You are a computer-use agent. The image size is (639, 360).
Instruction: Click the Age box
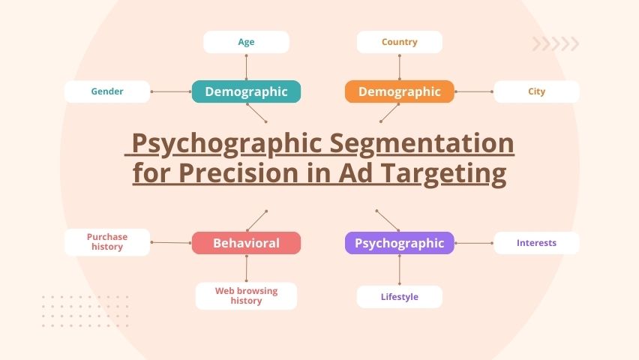(x=246, y=42)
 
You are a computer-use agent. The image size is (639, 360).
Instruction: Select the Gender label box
(x=107, y=91)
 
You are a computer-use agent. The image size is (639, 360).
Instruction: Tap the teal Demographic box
(x=246, y=91)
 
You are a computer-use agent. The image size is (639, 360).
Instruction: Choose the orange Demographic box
(x=399, y=91)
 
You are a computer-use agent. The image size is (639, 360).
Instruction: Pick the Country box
(x=399, y=42)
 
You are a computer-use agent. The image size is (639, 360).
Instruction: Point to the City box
(x=536, y=91)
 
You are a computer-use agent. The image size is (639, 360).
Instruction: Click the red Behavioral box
(x=246, y=243)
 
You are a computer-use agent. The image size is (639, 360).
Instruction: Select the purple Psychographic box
(x=399, y=243)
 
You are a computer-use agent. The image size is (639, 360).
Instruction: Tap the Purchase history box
(x=107, y=242)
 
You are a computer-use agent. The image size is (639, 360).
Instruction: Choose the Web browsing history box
(x=246, y=296)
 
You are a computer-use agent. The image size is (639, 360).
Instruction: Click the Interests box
(x=536, y=243)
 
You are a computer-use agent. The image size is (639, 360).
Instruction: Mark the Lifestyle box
(x=399, y=297)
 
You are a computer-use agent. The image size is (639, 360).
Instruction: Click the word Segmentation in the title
(x=421, y=144)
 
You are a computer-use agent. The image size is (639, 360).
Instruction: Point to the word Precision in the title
(x=238, y=172)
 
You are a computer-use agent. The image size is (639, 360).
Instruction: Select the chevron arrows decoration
(x=556, y=43)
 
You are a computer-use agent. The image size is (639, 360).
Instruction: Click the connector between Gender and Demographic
(x=171, y=91)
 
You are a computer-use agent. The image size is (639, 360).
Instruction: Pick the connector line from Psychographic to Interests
(x=474, y=243)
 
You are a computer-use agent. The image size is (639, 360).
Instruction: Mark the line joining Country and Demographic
(x=399, y=67)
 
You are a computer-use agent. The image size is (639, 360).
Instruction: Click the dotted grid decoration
(x=85, y=311)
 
